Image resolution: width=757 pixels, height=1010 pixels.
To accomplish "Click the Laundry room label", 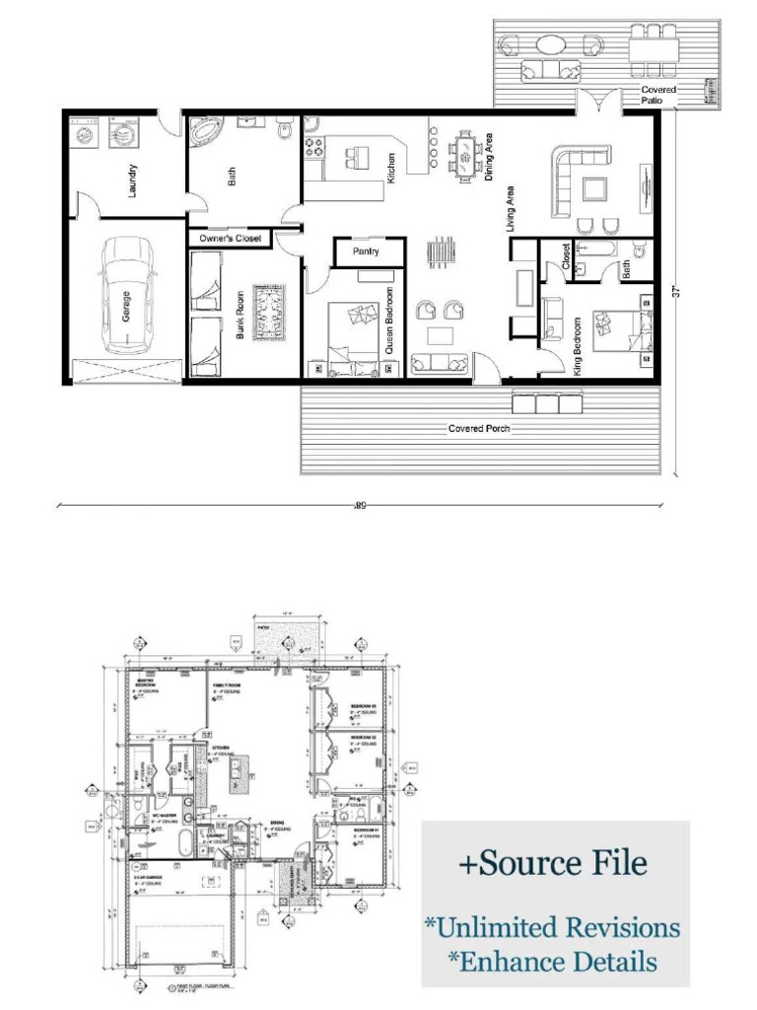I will [133, 180].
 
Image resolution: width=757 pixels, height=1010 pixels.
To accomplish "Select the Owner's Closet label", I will [231, 239].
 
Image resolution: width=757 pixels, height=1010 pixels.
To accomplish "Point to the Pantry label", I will [367, 252].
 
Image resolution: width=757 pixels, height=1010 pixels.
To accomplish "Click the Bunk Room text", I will [241, 315].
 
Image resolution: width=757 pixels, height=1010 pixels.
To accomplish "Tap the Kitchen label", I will [391, 168].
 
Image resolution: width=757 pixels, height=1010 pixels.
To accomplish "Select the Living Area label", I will [511, 208].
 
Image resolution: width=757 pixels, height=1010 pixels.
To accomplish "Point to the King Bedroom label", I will [578, 346].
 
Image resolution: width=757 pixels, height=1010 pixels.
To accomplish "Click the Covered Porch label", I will [479, 429].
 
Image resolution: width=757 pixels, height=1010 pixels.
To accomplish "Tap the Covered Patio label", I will [658, 95].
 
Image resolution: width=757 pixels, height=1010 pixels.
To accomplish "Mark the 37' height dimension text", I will [677, 293].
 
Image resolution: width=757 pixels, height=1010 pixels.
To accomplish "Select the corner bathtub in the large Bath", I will [208, 134].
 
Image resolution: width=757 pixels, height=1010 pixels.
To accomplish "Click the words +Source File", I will [553, 863].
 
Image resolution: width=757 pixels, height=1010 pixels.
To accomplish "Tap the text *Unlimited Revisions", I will [552, 927].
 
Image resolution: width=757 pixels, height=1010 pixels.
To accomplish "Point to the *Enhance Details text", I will [552, 961].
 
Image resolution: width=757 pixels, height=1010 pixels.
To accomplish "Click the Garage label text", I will [126, 307].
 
